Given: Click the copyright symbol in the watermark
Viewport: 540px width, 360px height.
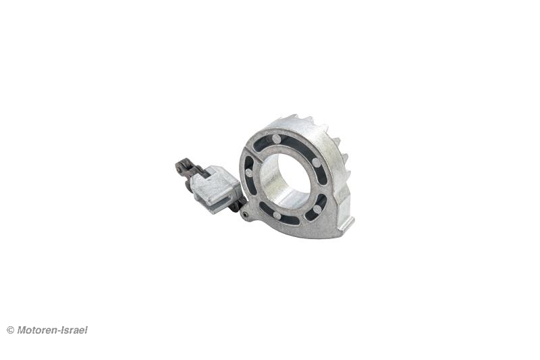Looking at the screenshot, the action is [10, 330].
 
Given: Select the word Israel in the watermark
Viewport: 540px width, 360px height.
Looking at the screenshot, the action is [74, 330].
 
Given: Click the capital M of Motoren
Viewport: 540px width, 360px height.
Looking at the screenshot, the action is [22, 330].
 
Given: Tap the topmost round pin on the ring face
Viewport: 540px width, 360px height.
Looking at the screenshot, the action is [276, 139].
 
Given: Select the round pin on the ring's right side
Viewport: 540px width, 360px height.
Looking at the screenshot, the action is [316, 163].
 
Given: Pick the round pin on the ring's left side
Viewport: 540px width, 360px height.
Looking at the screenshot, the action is [249, 173].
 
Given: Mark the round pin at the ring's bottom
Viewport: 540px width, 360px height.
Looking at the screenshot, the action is [277, 215].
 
